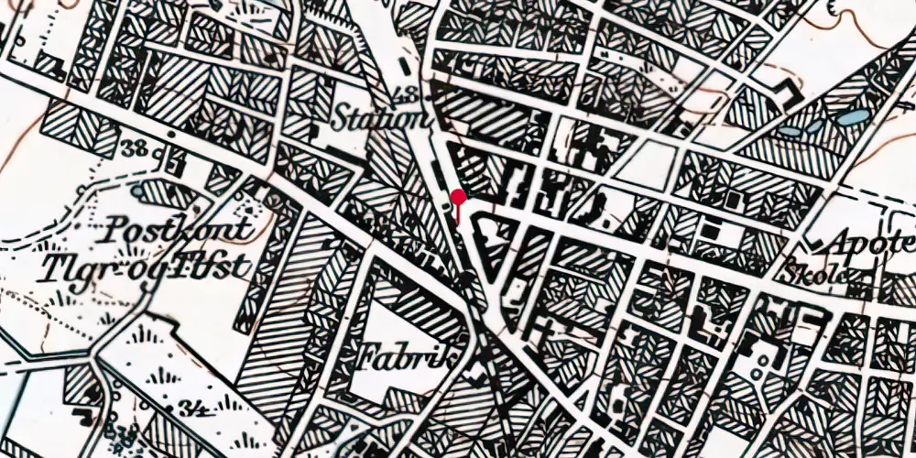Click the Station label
[380, 120]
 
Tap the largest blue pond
[854, 117]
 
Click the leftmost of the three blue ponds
[789, 132]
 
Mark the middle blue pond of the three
[815, 127]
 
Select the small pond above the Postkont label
[136, 191]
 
